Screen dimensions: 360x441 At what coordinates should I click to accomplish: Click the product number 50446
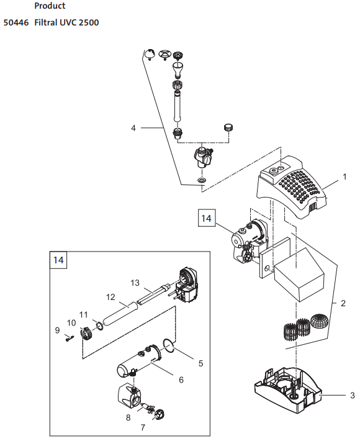point(16,22)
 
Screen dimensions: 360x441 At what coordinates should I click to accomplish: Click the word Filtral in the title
point(45,22)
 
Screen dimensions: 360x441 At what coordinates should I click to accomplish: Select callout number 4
point(133,128)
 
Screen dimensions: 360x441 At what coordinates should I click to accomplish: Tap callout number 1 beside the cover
point(344,177)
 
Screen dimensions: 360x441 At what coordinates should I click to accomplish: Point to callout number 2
point(343,303)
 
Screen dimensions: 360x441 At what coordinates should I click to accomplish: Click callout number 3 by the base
point(353,396)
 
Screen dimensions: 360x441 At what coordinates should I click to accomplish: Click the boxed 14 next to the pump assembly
point(207,218)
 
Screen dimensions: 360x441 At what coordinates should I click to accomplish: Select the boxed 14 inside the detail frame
point(58,260)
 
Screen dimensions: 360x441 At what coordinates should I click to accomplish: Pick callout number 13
point(135,283)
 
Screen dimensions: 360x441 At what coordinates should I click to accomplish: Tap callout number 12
point(110,297)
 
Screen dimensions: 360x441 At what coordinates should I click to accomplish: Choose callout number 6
point(181,380)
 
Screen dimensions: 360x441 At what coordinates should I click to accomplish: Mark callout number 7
point(143,427)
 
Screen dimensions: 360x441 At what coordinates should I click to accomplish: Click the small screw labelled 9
point(69,337)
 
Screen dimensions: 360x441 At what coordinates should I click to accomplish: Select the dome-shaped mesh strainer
point(318,321)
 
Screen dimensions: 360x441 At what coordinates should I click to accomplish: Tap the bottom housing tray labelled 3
point(288,389)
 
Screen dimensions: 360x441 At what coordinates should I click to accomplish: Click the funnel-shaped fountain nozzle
point(178,70)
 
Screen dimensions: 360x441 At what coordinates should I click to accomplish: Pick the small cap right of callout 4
point(228,127)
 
